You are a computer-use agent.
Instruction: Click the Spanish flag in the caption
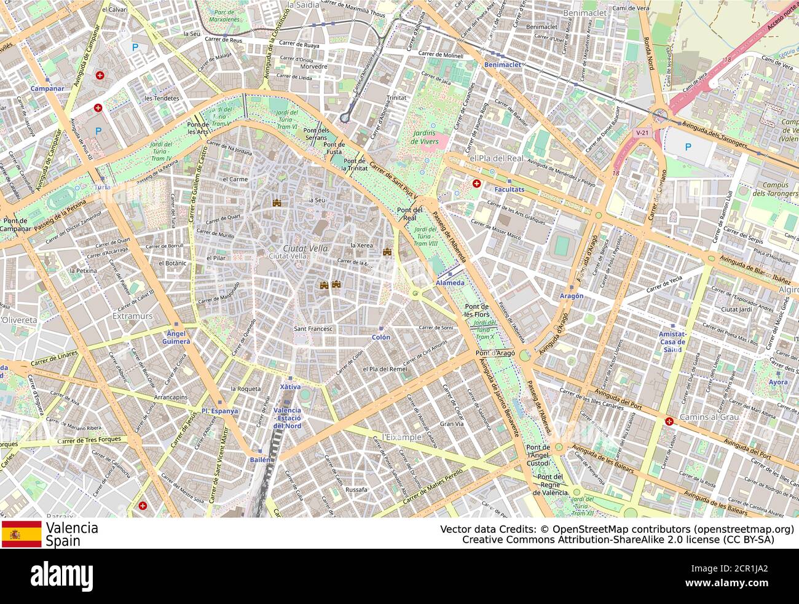pyautogui.click(x=22, y=534)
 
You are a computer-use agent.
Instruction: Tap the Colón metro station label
pyautogui.click(x=381, y=337)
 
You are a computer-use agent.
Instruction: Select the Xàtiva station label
pyautogui.click(x=290, y=387)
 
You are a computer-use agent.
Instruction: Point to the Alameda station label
pyautogui.click(x=450, y=282)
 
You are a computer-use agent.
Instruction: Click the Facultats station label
pyautogui.click(x=510, y=190)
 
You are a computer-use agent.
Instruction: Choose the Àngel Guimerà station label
pyautogui.click(x=175, y=337)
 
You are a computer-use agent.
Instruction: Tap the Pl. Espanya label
pyautogui.click(x=219, y=411)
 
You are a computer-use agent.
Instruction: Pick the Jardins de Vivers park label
pyautogui.click(x=424, y=137)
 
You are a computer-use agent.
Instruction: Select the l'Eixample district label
pyautogui.click(x=402, y=437)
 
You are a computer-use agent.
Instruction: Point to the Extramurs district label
pyautogui.click(x=133, y=316)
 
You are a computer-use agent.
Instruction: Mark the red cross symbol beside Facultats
pyautogui.click(x=476, y=183)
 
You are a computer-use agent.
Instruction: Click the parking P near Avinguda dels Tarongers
pyautogui.click(x=688, y=147)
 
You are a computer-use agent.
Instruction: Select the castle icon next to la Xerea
pyautogui.click(x=387, y=252)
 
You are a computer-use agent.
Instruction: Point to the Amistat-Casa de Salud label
pyautogui.click(x=672, y=341)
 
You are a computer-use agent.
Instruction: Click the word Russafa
pyautogui.click(x=356, y=490)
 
